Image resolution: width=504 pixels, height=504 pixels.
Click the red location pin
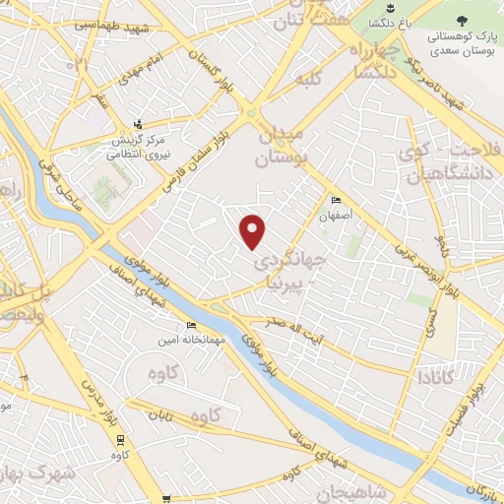254,230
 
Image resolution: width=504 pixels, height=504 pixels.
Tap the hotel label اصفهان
336,211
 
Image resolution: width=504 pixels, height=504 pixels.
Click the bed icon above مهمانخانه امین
191,327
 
